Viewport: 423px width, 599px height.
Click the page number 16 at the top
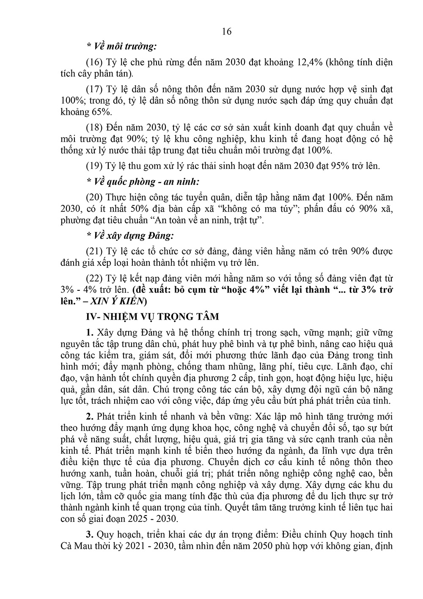coord(226,31)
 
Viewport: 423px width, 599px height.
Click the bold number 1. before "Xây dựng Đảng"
coord(89,332)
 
